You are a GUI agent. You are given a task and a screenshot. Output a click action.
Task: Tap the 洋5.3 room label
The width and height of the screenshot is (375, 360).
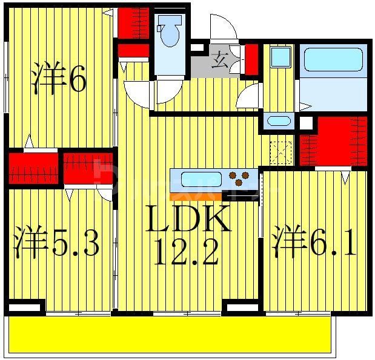point(56,242)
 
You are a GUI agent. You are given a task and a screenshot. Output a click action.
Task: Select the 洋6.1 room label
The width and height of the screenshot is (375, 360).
point(314,242)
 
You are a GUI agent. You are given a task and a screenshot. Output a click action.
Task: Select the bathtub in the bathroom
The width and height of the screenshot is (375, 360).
point(333,59)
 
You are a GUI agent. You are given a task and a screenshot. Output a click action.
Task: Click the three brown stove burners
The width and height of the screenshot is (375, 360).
point(239,179)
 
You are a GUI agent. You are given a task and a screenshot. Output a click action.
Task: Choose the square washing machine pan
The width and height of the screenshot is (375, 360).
point(280,58)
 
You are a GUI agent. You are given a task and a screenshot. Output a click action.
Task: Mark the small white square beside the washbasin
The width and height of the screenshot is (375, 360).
point(306,123)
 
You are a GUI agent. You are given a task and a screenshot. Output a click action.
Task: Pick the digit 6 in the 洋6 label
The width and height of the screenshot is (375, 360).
point(76,81)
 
